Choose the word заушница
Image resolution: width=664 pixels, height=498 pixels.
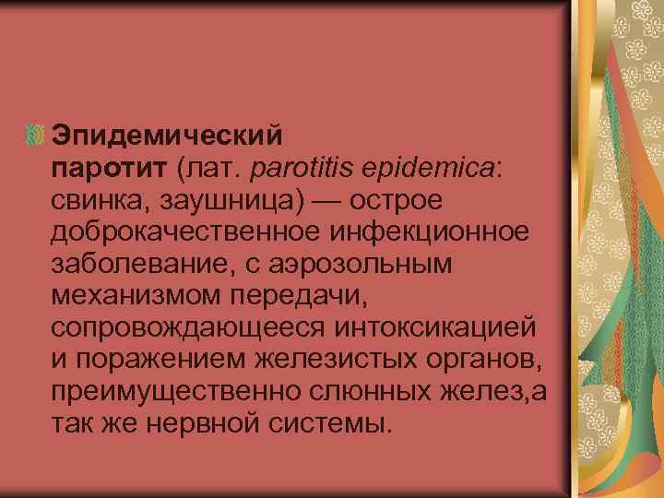215,199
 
